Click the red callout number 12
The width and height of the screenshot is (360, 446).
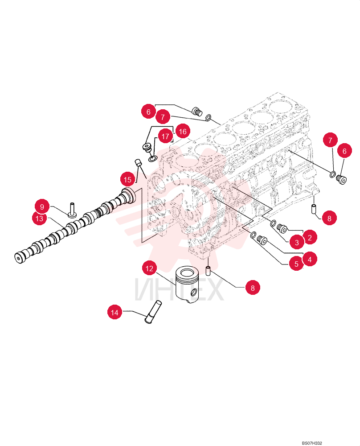pyautogui.click(x=149, y=268)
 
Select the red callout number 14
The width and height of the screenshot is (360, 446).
pyautogui.click(x=115, y=312)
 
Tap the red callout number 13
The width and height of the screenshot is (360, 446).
pyautogui.click(x=39, y=218)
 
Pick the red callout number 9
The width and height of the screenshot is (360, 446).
pyautogui.click(x=42, y=206)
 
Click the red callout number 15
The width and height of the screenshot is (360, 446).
pyautogui.click(x=127, y=179)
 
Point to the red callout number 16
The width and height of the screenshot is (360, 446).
pyautogui.click(x=183, y=131)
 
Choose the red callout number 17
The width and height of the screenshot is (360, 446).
pyautogui.click(x=165, y=136)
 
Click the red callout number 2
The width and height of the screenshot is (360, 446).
pyautogui.click(x=310, y=238)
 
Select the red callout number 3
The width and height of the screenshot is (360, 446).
pyautogui.click(x=297, y=242)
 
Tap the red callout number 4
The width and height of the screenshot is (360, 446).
pyautogui.click(x=310, y=259)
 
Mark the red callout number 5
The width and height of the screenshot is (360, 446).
pyautogui.click(x=296, y=264)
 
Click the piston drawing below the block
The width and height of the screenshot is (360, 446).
pyautogui.click(x=188, y=284)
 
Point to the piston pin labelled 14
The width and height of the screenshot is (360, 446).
pyautogui.click(x=153, y=312)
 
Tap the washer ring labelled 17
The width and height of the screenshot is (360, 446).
pyautogui.click(x=152, y=158)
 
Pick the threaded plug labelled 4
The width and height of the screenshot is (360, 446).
pyautogui.click(x=262, y=240)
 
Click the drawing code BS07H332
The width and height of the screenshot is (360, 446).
pyautogui.click(x=312, y=443)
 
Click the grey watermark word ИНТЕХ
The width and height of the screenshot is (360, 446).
pyautogui.click(x=179, y=289)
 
